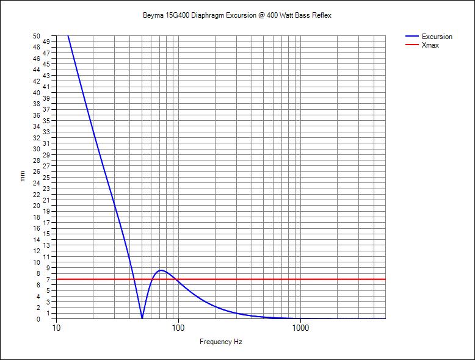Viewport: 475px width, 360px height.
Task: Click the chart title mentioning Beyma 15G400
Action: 237,15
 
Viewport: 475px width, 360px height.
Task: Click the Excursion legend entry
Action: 437,37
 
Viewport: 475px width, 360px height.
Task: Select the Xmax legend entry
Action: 430,45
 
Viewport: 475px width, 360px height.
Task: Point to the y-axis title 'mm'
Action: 23,177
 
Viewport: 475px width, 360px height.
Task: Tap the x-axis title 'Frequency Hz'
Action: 220,342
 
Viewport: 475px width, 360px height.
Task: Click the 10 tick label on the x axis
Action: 56,328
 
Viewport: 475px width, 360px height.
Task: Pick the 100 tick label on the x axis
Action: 178,328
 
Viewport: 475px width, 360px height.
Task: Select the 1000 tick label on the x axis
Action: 300,328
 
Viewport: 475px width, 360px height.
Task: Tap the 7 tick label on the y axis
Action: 46,279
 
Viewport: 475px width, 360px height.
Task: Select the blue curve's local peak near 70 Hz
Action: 161,270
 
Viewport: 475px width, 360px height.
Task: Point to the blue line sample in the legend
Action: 412,37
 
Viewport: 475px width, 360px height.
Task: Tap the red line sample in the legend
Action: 412,45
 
